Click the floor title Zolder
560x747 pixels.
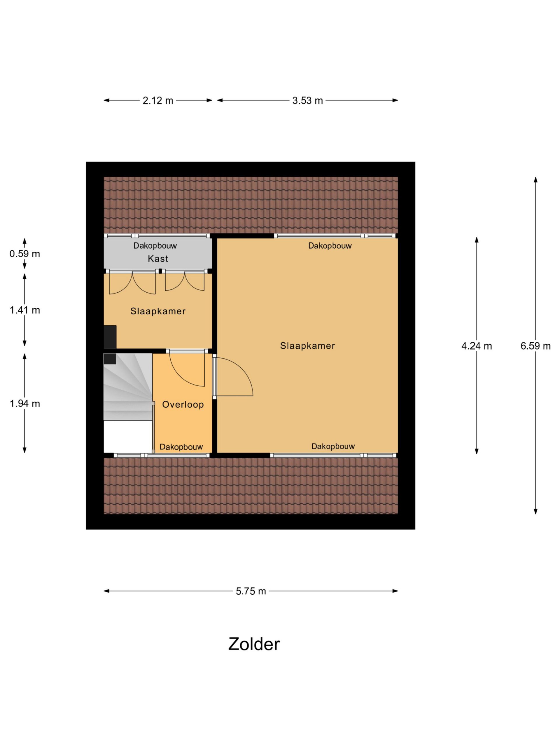point(254,644)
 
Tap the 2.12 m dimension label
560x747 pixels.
point(157,100)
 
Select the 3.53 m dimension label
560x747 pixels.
point(307,100)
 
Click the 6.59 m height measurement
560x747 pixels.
point(535,346)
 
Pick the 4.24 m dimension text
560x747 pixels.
point(477,346)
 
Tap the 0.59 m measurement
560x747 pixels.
point(24,254)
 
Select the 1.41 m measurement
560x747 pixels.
point(24,310)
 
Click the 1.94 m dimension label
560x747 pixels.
point(24,404)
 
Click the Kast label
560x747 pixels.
point(157,259)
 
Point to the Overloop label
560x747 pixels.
point(183,404)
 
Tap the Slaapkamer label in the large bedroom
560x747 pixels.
point(307,346)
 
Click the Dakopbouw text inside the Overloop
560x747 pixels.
point(181,447)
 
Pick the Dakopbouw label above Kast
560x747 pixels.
point(155,245)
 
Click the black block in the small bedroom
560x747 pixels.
point(110,337)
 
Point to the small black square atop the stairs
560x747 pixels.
point(110,359)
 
